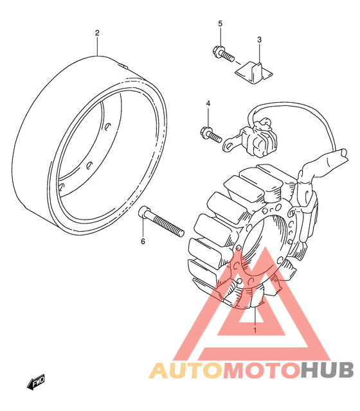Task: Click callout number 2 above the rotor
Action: tap(97, 33)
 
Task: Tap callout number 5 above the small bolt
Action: tap(220, 24)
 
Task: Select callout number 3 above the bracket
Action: tap(259, 40)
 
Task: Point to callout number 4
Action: tap(208, 103)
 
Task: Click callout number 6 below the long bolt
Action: tap(143, 241)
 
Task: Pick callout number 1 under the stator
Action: tap(255, 330)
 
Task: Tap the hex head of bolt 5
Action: tap(216, 50)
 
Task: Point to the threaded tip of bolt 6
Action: tap(181, 232)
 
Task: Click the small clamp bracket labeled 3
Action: tap(253, 73)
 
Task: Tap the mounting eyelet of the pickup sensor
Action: tap(228, 144)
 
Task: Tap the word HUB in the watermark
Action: tap(327, 371)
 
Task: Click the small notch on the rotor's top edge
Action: tap(123, 66)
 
